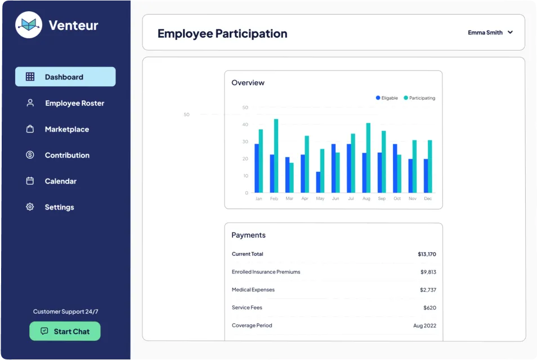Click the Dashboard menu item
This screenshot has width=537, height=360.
tap(65, 77)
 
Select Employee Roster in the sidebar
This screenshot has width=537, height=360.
tap(74, 103)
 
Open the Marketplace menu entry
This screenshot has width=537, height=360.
tap(66, 129)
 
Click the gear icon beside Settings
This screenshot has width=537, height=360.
tap(30, 207)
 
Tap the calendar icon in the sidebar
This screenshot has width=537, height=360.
tap(30, 181)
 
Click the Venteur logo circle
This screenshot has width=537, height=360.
tap(29, 25)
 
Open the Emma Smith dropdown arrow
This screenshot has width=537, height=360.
tap(510, 33)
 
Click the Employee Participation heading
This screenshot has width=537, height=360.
tap(222, 33)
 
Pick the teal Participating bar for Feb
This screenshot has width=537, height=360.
tap(276, 156)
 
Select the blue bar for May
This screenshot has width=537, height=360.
tap(318, 182)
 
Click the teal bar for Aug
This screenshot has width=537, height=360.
tap(368, 158)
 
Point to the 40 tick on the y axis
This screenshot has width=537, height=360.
tap(245, 125)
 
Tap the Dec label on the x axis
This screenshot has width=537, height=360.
tap(428, 199)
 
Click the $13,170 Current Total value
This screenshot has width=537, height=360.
tap(427, 254)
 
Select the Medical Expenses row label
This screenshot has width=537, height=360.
tap(253, 290)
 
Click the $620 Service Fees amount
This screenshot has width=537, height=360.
tap(429, 308)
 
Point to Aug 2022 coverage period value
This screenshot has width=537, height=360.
tap(425, 326)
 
